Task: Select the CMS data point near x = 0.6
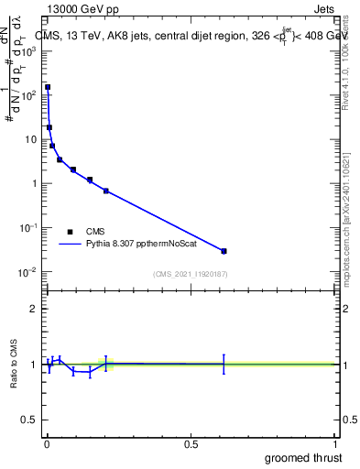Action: pos(224,251)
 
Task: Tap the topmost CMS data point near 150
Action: pos(48,88)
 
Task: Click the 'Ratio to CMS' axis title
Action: pos(14,365)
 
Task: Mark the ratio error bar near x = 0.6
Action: pos(224,364)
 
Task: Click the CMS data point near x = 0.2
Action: pos(106,191)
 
